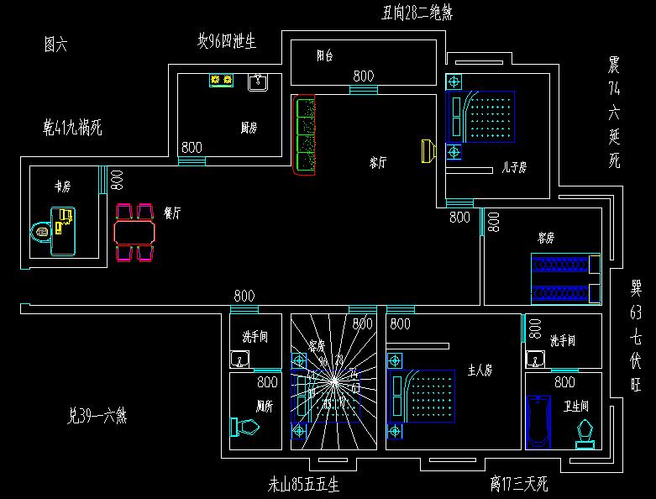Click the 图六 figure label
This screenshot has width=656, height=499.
[x=55, y=45]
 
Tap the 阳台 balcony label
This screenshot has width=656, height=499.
[x=325, y=56]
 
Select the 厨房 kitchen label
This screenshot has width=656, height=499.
[x=249, y=128]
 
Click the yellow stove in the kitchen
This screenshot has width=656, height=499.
[x=222, y=81]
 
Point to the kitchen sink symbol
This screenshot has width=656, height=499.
[x=257, y=81]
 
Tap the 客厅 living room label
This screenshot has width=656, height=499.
[x=378, y=163]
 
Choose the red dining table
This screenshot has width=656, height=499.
[x=135, y=230]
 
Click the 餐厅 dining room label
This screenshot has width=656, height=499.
[x=172, y=213]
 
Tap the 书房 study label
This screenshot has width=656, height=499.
[x=62, y=186]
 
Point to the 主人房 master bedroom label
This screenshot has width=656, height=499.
[x=480, y=370]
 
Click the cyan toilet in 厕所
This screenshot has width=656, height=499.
[x=245, y=428]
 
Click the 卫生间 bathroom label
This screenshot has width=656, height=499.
[x=575, y=406]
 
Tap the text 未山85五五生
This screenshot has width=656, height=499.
[x=303, y=485]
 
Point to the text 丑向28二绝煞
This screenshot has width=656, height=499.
[x=417, y=12]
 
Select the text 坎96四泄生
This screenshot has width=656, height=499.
[x=226, y=40]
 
